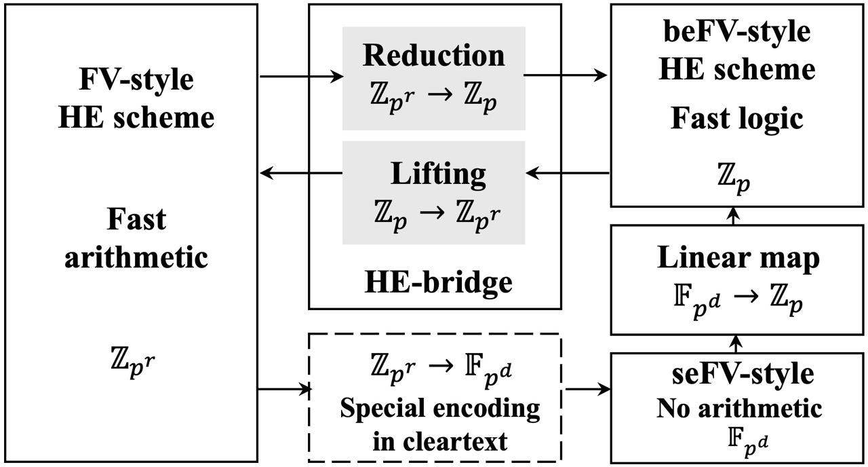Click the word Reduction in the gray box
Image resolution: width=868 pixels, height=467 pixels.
point(434,55)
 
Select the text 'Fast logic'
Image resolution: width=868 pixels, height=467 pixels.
point(736,118)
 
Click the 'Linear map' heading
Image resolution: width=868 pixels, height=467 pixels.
point(738,258)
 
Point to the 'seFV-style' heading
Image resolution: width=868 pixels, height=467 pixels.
point(738,374)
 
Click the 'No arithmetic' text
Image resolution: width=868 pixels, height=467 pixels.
point(738,408)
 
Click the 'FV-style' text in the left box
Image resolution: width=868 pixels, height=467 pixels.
point(135,79)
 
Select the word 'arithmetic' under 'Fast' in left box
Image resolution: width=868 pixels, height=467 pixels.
point(136,258)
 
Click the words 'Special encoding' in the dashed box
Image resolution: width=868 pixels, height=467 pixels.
point(440,408)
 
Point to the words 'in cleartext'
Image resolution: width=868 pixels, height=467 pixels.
point(440,441)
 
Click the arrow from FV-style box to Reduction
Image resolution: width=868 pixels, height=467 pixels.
point(301,77)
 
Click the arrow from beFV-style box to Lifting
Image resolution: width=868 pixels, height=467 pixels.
point(568,174)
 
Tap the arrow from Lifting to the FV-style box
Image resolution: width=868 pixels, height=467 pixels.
point(301,174)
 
